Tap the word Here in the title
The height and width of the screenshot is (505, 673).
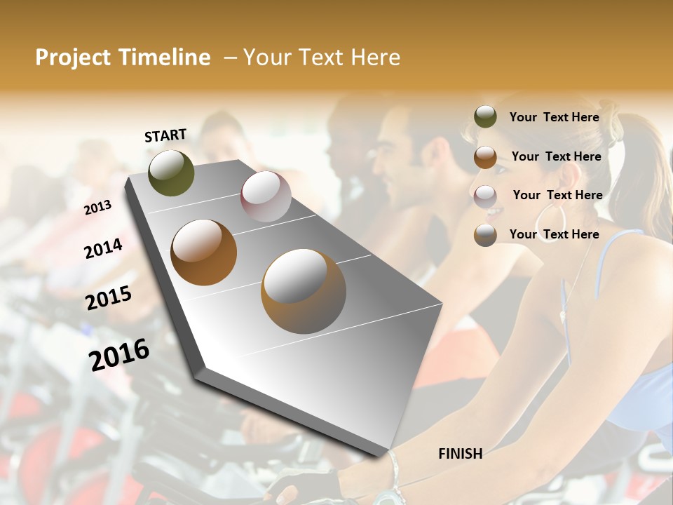click(x=375, y=58)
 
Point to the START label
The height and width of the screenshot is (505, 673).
click(x=165, y=135)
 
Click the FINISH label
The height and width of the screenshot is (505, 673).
click(x=461, y=454)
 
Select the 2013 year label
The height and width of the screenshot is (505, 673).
click(x=98, y=207)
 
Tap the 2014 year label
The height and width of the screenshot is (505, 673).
click(x=103, y=248)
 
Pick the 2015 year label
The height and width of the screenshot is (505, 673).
click(x=109, y=298)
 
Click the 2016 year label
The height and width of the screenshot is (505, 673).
click(x=119, y=355)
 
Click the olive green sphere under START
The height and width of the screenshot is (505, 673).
click(x=171, y=173)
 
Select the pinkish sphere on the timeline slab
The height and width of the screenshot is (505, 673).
click(x=266, y=196)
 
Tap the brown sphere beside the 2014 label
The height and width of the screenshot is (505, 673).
click(x=203, y=252)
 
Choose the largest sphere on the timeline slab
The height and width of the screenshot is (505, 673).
click(x=304, y=291)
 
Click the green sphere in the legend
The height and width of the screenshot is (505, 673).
click(x=485, y=116)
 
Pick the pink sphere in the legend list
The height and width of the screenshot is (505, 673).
click(x=485, y=196)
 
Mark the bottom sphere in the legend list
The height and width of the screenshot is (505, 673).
click(x=485, y=235)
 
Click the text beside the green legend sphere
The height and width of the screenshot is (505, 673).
click(x=554, y=117)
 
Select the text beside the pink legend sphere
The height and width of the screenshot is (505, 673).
click(x=557, y=195)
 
